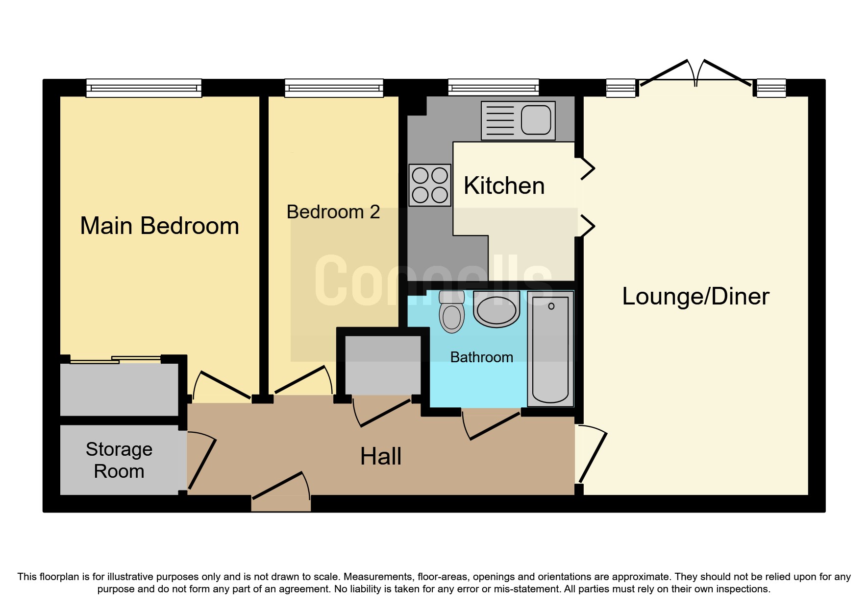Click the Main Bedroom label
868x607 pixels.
[159, 226]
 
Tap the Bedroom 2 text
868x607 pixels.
[333, 212]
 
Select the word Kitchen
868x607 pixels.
[504, 186]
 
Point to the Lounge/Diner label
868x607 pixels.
[695, 296]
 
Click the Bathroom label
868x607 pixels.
[481, 357]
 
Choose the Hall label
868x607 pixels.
[381, 456]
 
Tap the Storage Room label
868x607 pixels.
[119, 460]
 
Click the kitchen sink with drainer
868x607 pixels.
[518, 120]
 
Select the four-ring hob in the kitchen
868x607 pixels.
[430, 185]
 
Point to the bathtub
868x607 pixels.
[550, 349]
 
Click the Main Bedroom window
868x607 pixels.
[144, 88]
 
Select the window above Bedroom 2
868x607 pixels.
[334, 88]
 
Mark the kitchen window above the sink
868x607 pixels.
[493, 88]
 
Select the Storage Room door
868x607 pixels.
[201, 460]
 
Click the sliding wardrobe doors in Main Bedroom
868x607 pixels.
[116, 360]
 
